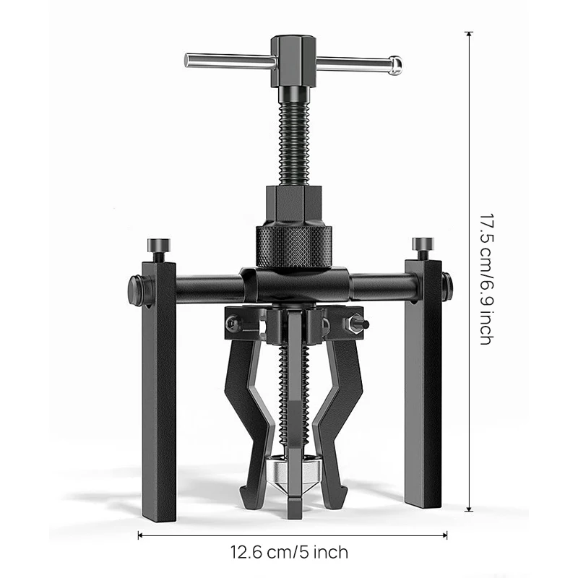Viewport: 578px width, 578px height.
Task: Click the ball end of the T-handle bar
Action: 394,64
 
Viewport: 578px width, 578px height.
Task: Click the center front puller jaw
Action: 296,419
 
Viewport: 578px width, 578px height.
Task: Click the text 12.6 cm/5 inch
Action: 289,553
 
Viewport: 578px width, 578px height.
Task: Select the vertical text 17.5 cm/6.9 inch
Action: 485,277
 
